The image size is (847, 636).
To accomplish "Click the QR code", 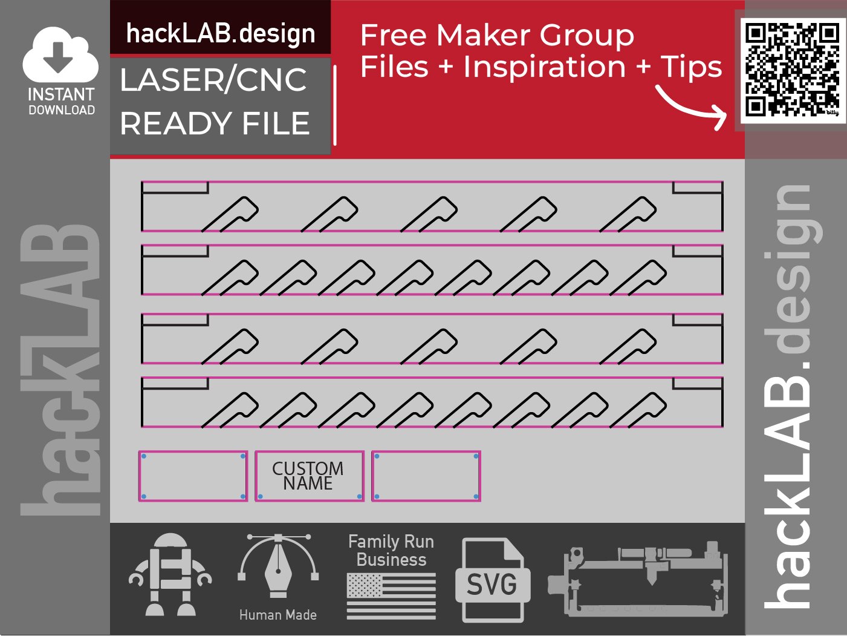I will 792,70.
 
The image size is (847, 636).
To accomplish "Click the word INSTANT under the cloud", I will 61,94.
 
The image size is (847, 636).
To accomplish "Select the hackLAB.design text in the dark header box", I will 221,33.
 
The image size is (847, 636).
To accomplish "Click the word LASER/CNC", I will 213,80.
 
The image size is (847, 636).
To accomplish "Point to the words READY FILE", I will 215,123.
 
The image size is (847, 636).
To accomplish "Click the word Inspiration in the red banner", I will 544,67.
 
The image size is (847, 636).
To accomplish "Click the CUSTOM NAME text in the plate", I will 308,476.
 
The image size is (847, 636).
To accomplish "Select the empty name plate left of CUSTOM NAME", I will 193,476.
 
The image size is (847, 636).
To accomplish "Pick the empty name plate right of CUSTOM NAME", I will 426,476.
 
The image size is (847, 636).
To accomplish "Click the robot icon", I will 170,575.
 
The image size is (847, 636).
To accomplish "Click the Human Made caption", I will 277,615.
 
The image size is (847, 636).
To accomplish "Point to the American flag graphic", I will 391,596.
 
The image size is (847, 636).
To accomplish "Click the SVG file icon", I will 492,581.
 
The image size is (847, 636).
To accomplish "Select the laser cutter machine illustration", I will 638,578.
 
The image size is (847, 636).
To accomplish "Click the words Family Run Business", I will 391,550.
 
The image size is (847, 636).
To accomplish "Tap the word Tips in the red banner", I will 691,67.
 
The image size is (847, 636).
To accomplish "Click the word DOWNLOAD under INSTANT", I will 62,110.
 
